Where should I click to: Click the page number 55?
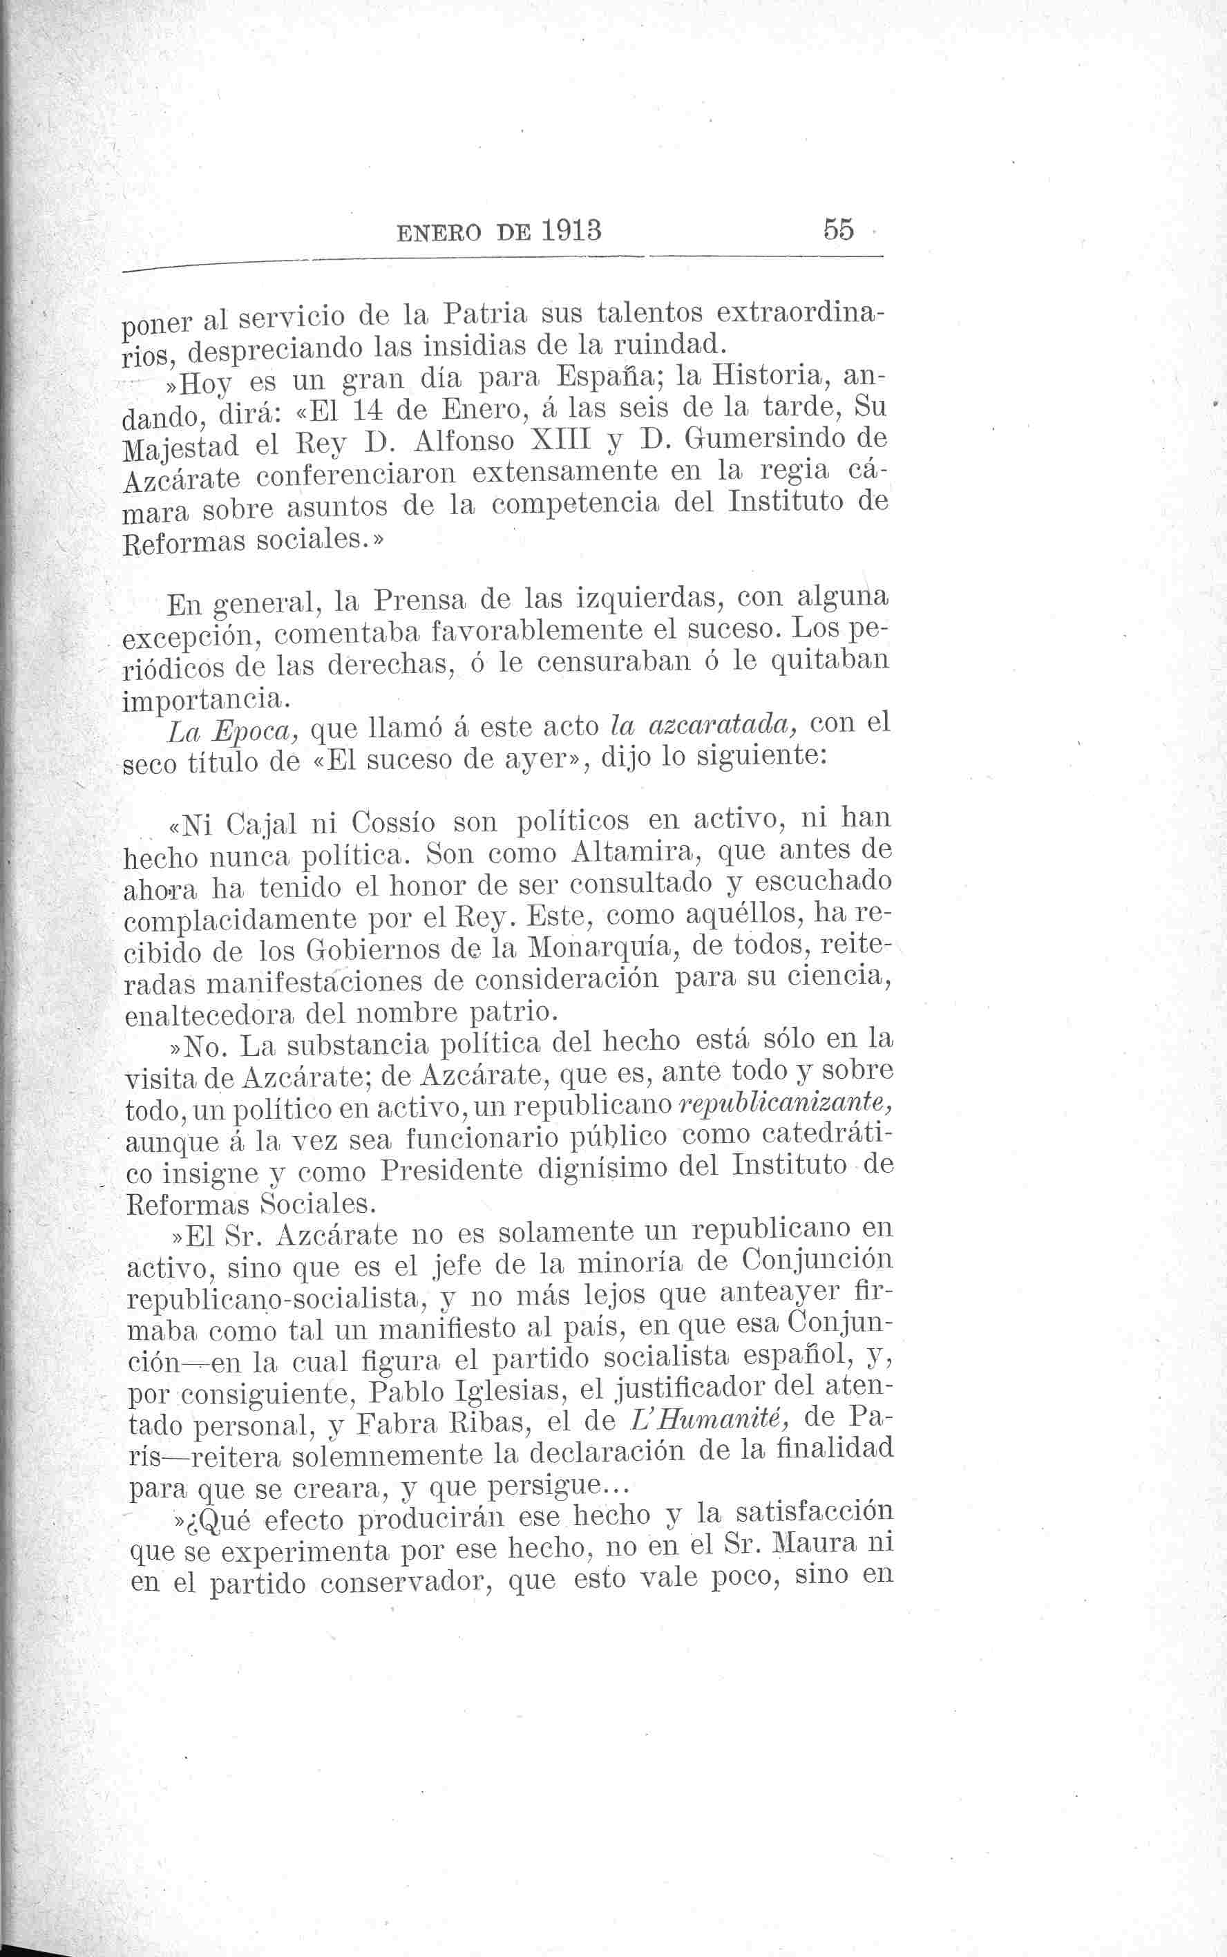point(838,229)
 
